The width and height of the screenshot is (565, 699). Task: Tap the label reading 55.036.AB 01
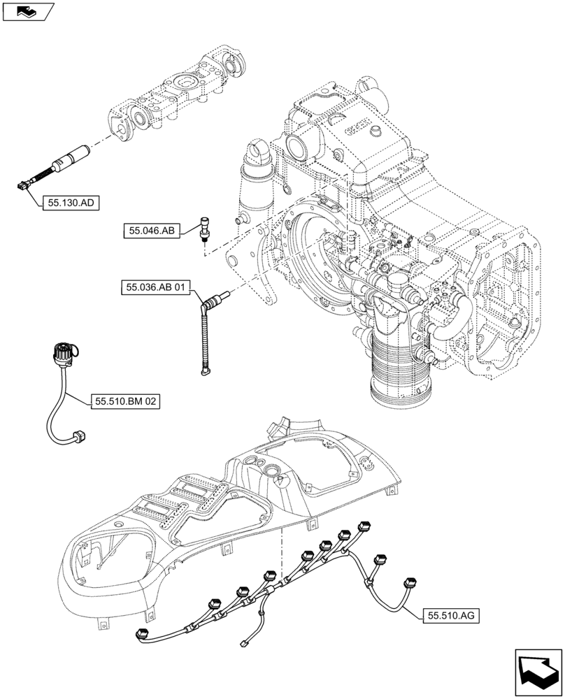156,287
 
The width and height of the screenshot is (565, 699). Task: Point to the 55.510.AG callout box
450,615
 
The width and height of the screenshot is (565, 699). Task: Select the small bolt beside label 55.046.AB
204,227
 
